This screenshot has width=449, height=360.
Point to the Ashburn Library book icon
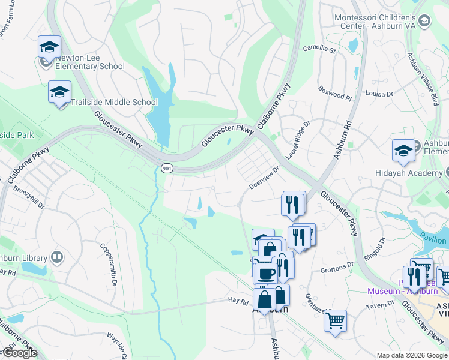pyautogui.click(x=57, y=257)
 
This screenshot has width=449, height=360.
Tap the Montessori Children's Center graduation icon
pyautogui.click(x=424, y=22)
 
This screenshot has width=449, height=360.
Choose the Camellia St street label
pyautogui.click(x=318, y=48)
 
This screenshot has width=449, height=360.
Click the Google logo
pyautogui.click(x=19, y=353)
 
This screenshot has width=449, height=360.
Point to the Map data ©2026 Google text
pyautogui.click(x=412, y=355)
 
